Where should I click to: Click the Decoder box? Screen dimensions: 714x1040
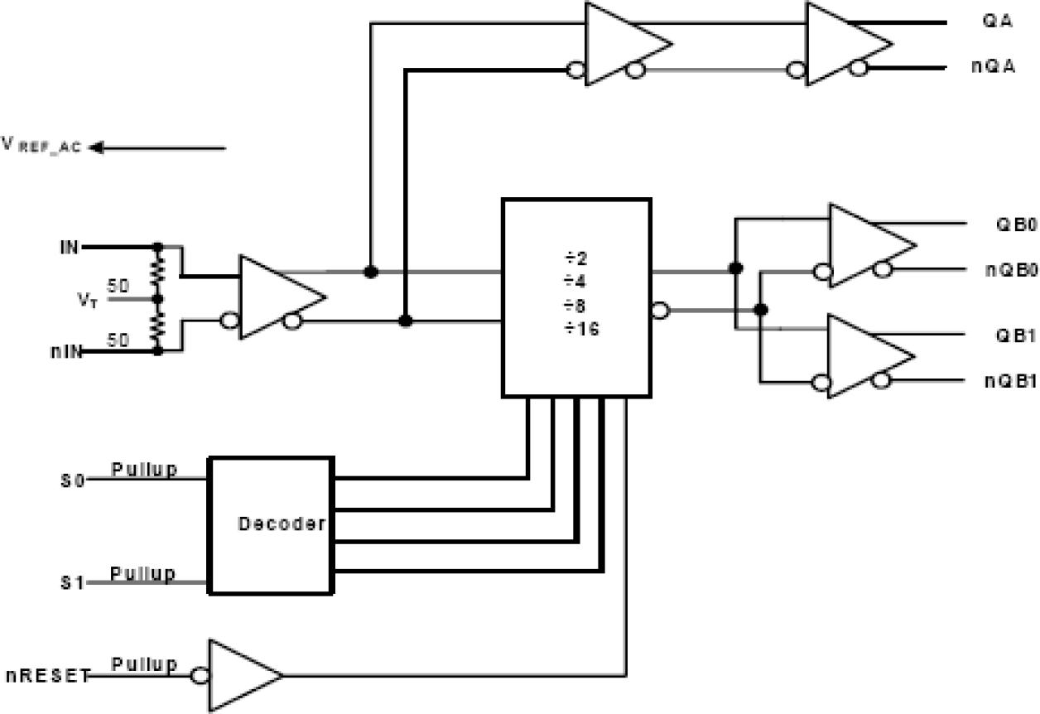tap(271, 524)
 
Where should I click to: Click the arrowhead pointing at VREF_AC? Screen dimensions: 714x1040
tap(96, 148)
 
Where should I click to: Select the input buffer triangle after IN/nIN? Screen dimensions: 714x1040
tap(274, 297)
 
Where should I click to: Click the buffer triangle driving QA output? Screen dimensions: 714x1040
tap(842, 44)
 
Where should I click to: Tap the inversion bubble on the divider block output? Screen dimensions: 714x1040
tap(659, 311)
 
